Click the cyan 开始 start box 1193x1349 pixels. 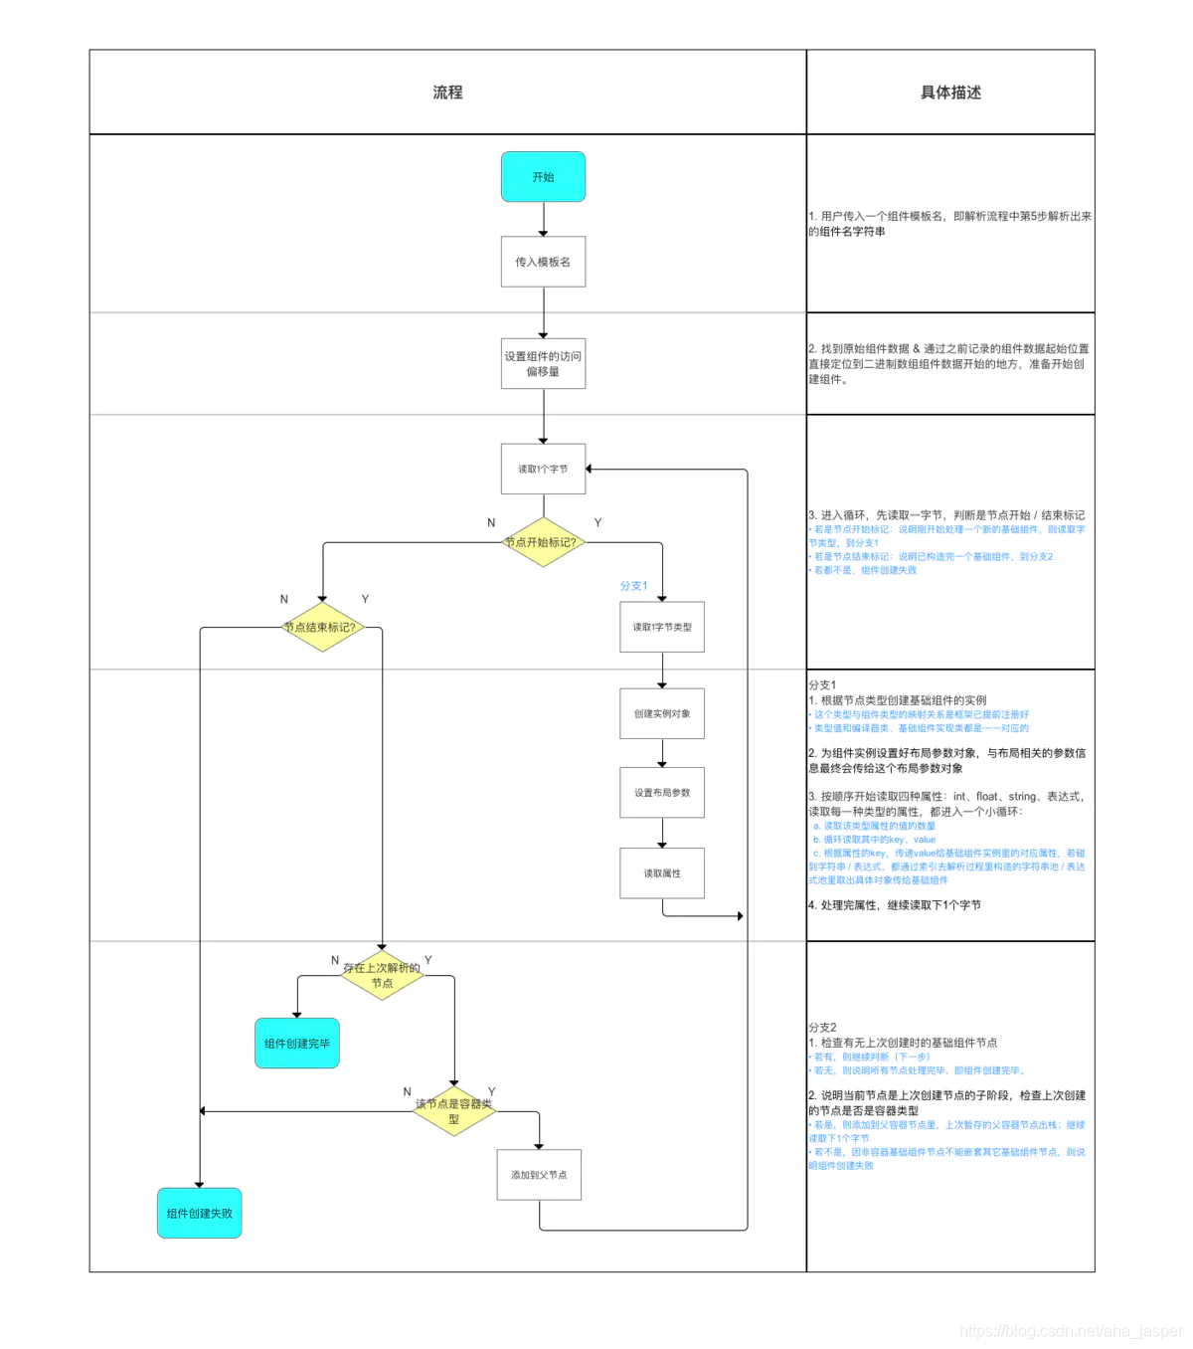543,177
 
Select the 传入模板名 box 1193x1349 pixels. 543,262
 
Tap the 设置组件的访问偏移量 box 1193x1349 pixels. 543,363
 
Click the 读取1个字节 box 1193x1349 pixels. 543,469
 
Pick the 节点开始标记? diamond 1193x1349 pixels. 543,542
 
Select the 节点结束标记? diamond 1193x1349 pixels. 321,627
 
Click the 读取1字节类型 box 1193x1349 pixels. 662,627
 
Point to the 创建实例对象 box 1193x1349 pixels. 662,713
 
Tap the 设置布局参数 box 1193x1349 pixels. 662,792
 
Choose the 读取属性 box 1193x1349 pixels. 662,872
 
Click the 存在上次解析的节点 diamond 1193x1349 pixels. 382,975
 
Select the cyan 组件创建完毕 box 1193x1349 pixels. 297,1044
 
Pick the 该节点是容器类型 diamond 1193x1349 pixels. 454,1111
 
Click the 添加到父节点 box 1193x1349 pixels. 539,1175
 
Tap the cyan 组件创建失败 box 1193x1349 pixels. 200,1213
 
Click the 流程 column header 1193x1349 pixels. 447,93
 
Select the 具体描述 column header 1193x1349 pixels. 950,93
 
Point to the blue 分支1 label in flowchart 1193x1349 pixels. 633,586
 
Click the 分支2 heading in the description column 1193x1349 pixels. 822,1027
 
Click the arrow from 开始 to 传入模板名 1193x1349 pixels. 543,219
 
